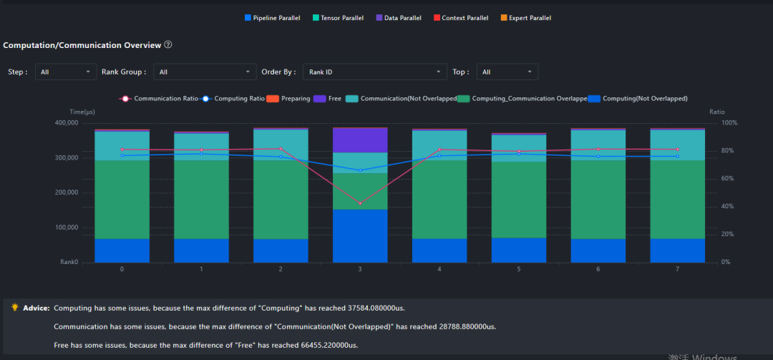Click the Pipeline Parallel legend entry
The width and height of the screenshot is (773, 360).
point(272,18)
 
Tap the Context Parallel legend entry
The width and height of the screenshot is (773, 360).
point(461,18)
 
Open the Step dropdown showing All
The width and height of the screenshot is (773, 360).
point(66,72)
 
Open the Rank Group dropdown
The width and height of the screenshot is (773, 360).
point(205,72)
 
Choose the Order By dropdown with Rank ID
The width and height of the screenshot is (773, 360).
point(374,72)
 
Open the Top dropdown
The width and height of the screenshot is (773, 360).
point(507,72)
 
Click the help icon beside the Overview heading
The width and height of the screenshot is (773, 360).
point(168,45)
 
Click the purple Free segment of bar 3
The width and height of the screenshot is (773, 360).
point(360,140)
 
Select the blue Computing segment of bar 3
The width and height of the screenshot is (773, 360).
point(360,235)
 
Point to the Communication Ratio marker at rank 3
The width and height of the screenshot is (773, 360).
point(360,203)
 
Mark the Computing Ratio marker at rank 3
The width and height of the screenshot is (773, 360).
point(360,170)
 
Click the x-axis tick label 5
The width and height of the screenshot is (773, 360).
point(519,269)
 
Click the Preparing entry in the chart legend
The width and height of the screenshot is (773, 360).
point(288,99)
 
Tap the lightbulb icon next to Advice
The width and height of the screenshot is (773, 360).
point(15,307)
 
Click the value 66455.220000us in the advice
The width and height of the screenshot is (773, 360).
point(329,345)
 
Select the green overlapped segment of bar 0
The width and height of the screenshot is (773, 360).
point(122,200)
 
